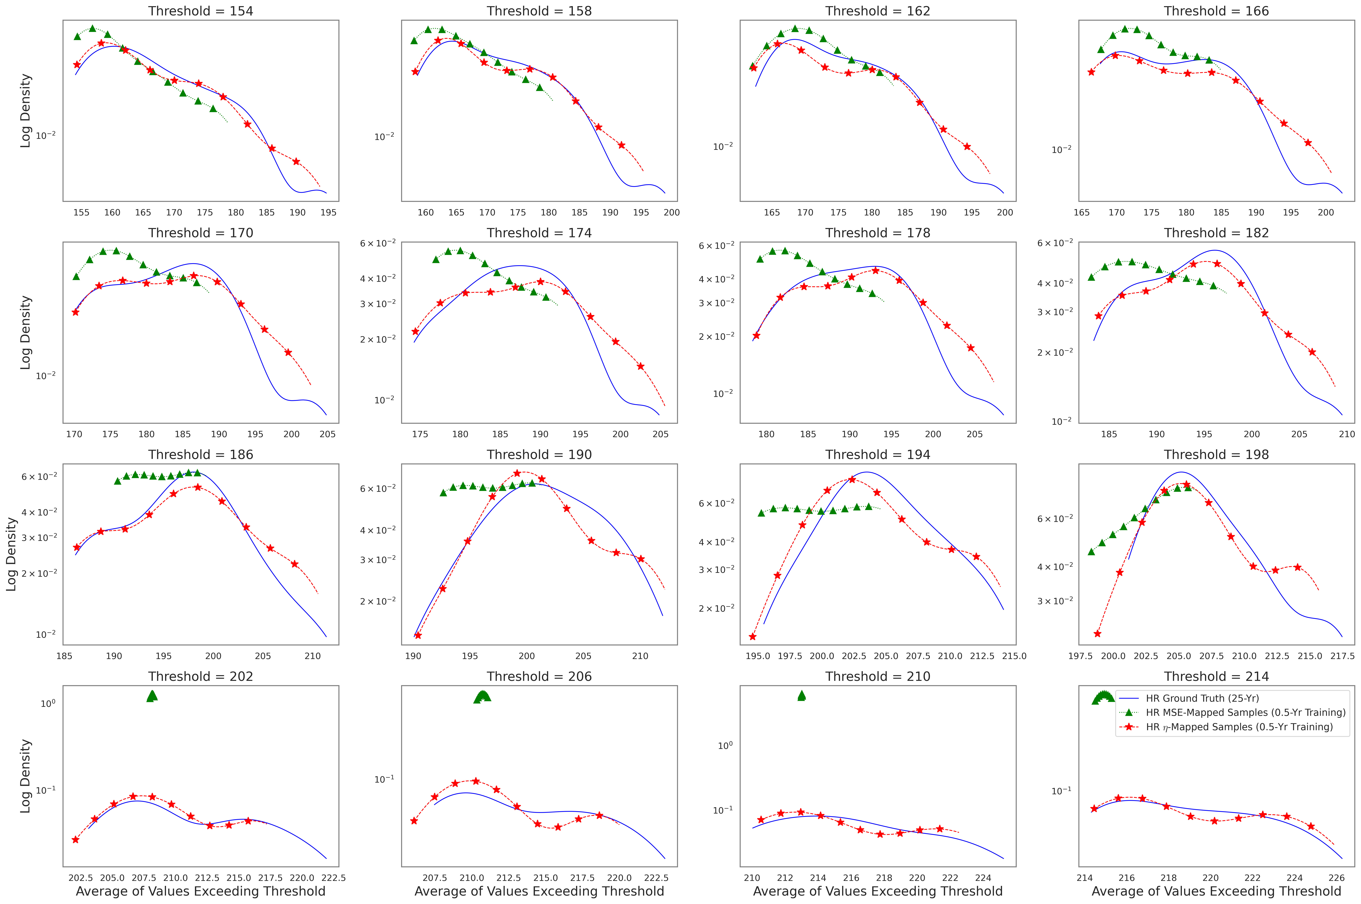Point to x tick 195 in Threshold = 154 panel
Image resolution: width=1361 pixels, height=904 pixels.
click(328, 212)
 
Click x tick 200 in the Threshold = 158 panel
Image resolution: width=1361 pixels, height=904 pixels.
click(671, 212)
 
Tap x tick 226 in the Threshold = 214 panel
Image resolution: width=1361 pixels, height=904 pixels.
click(1336, 878)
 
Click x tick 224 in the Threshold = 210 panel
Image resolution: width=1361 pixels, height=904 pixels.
click(983, 878)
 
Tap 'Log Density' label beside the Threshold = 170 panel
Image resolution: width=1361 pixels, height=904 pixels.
click(25, 333)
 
